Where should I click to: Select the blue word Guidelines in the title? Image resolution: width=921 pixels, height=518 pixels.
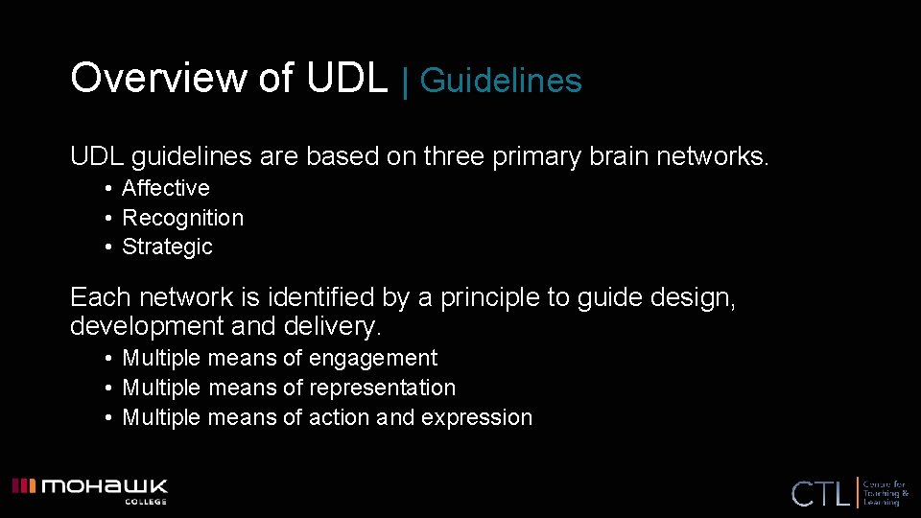point(501,81)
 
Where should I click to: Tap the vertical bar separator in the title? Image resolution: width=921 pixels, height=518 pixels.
point(405,81)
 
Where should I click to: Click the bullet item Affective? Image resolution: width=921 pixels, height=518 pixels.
point(165,189)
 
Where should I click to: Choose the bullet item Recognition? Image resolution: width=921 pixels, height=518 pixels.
point(182,219)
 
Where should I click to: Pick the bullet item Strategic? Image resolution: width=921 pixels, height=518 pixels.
point(167,247)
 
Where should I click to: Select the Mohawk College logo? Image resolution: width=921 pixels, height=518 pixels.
point(89,489)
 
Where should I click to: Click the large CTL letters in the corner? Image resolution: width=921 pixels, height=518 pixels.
point(820,494)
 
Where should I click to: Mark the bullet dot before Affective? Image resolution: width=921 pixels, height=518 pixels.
point(110,189)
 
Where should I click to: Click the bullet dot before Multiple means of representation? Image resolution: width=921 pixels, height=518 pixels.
point(110,388)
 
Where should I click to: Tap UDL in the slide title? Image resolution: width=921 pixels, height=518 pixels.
point(346,78)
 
